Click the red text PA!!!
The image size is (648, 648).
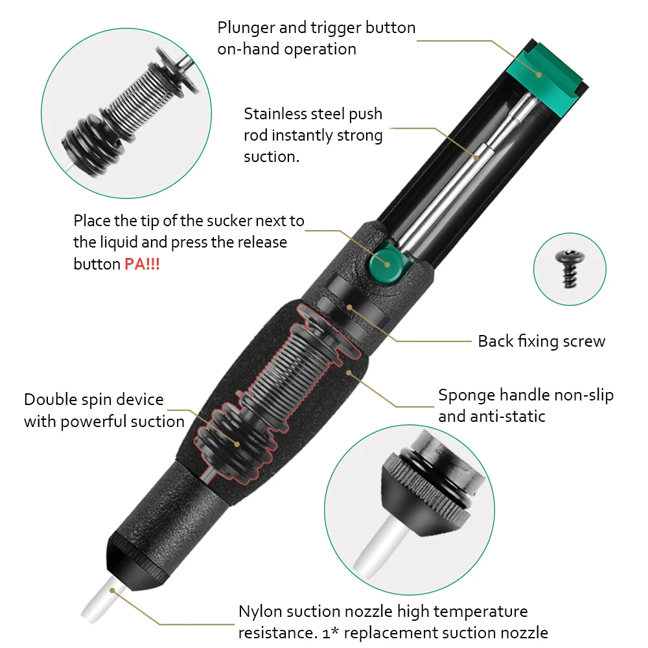click(x=142, y=264)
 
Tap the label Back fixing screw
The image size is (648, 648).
click(x=541, y=341)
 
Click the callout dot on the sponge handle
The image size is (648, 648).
click(x=350, y=373)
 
